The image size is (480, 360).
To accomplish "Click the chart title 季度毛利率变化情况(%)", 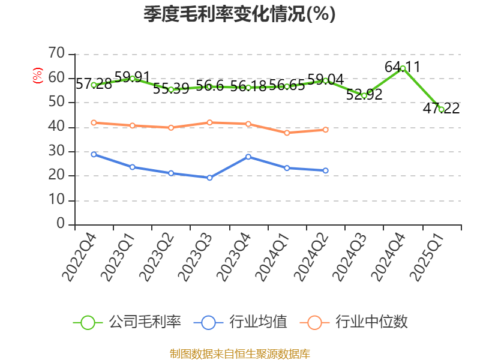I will pyautogui.click(x=239, y=14).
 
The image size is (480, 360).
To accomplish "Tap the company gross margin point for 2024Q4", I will pyautogui.click(x=403, y=68).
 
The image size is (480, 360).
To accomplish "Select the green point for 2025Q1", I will pyautogui.click(x=442, y=109).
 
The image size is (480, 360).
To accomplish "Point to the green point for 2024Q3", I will pyautogui.click(x=364, y=95).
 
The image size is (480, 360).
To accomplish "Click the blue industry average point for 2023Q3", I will pyautogui.click(x=209, y=178).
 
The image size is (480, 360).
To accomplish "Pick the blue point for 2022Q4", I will pyautogui.click(x=94, y=154).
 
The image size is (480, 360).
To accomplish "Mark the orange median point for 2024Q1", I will pyautogui.click(x=287, y=133).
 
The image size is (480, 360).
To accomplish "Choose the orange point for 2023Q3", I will pyautogui.click(x=209, y=122).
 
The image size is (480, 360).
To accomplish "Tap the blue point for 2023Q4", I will pyautogui.click(x=248, y=157).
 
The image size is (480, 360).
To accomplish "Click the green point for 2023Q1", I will pyautogui.click(x=132, y=79).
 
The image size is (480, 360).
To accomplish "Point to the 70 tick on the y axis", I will pyautogui.click(x=56, y=54).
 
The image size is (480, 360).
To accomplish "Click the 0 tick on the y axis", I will pyautogui.click(x=61, y=224).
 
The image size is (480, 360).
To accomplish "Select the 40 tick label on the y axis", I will pyautogui.click(x=56, y=127).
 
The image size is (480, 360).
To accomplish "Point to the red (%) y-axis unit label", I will pyautogui.click(x=37, y=76).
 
